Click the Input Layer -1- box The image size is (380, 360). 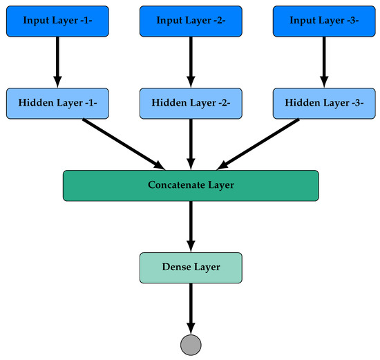pos(57,21)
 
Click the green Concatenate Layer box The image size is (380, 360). pos(191,185)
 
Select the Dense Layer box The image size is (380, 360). pos(191,267)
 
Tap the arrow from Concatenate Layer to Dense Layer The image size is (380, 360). pos(191,225)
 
